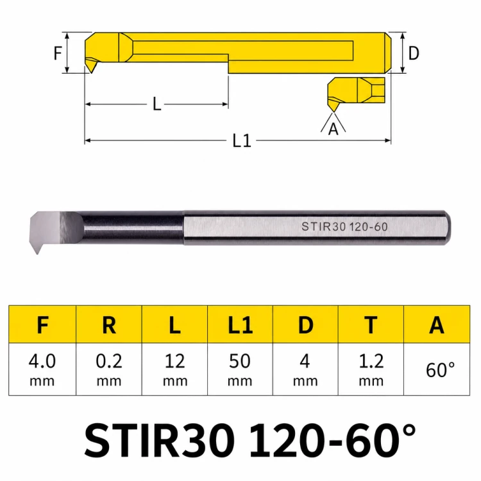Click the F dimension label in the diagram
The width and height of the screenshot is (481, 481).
[x=58, y=53]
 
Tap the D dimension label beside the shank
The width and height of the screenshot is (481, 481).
[x=414, y=53]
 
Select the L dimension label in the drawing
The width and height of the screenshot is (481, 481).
[x=156, y=104]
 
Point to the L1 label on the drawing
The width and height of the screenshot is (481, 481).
[x=242, y=141]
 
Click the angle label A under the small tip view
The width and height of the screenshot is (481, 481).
[x=333, y=129]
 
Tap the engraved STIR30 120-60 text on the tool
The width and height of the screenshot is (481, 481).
[x=344, y=226]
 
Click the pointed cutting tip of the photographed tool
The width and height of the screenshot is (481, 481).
[x=37, y=253]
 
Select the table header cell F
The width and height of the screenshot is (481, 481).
[x=42, y=325]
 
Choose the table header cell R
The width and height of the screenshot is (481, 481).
[x=109, y=325]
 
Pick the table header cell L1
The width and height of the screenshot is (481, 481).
[x=240, y=325]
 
